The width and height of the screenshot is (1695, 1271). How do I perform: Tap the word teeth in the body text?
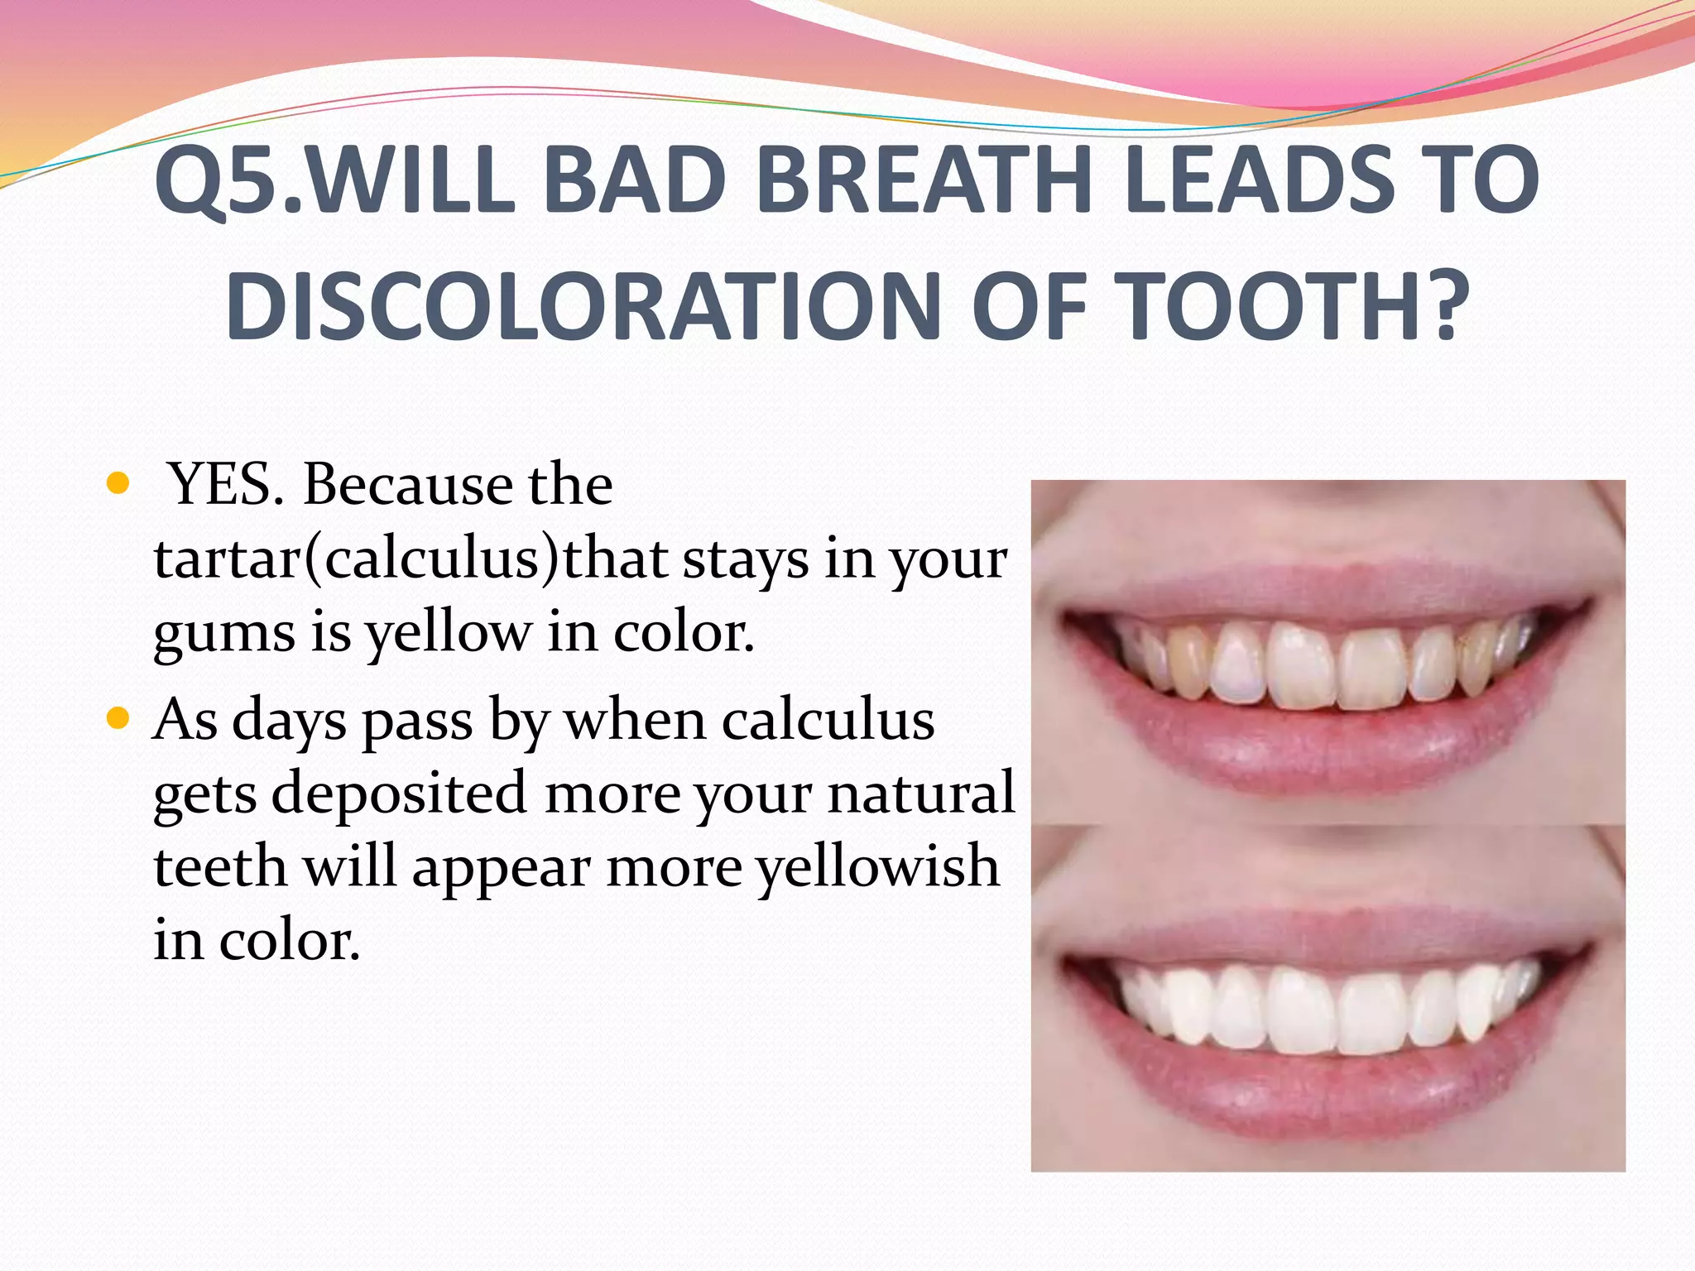click(219, 867)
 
